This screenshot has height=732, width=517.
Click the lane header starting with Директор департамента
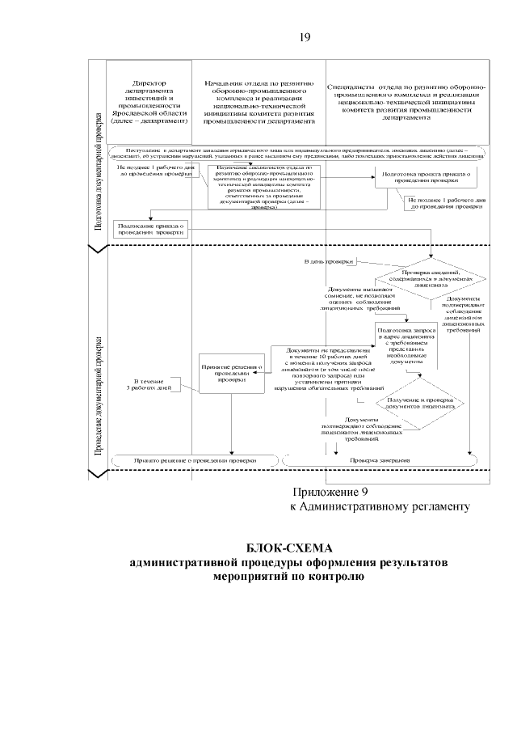(x=149, y=102)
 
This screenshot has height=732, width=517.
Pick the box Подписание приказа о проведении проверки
(x=152, y=230)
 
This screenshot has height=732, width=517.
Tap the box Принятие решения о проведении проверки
(x=233, y=371)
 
